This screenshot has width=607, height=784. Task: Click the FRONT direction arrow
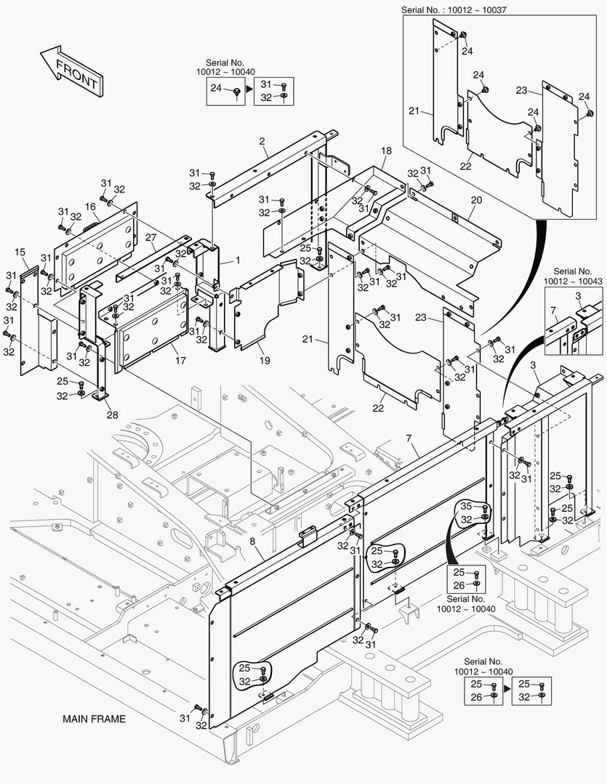point(71,73)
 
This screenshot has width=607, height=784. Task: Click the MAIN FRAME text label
point(94,719)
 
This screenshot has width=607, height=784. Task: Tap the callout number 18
point(386,150)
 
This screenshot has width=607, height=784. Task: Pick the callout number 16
point(91,207)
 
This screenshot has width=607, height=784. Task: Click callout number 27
point(150,237)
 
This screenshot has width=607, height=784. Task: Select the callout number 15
point(20,252)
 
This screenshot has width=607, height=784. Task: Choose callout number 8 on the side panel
point(252,542)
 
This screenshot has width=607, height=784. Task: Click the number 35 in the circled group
point(466,507)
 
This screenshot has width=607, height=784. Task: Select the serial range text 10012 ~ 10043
point(574,280)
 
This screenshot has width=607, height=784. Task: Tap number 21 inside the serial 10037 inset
point(414,111)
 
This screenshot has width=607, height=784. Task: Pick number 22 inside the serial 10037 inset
point(465,166)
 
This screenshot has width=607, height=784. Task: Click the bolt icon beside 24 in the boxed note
point(237,89)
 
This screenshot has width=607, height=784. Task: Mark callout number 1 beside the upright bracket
point(237,260)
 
